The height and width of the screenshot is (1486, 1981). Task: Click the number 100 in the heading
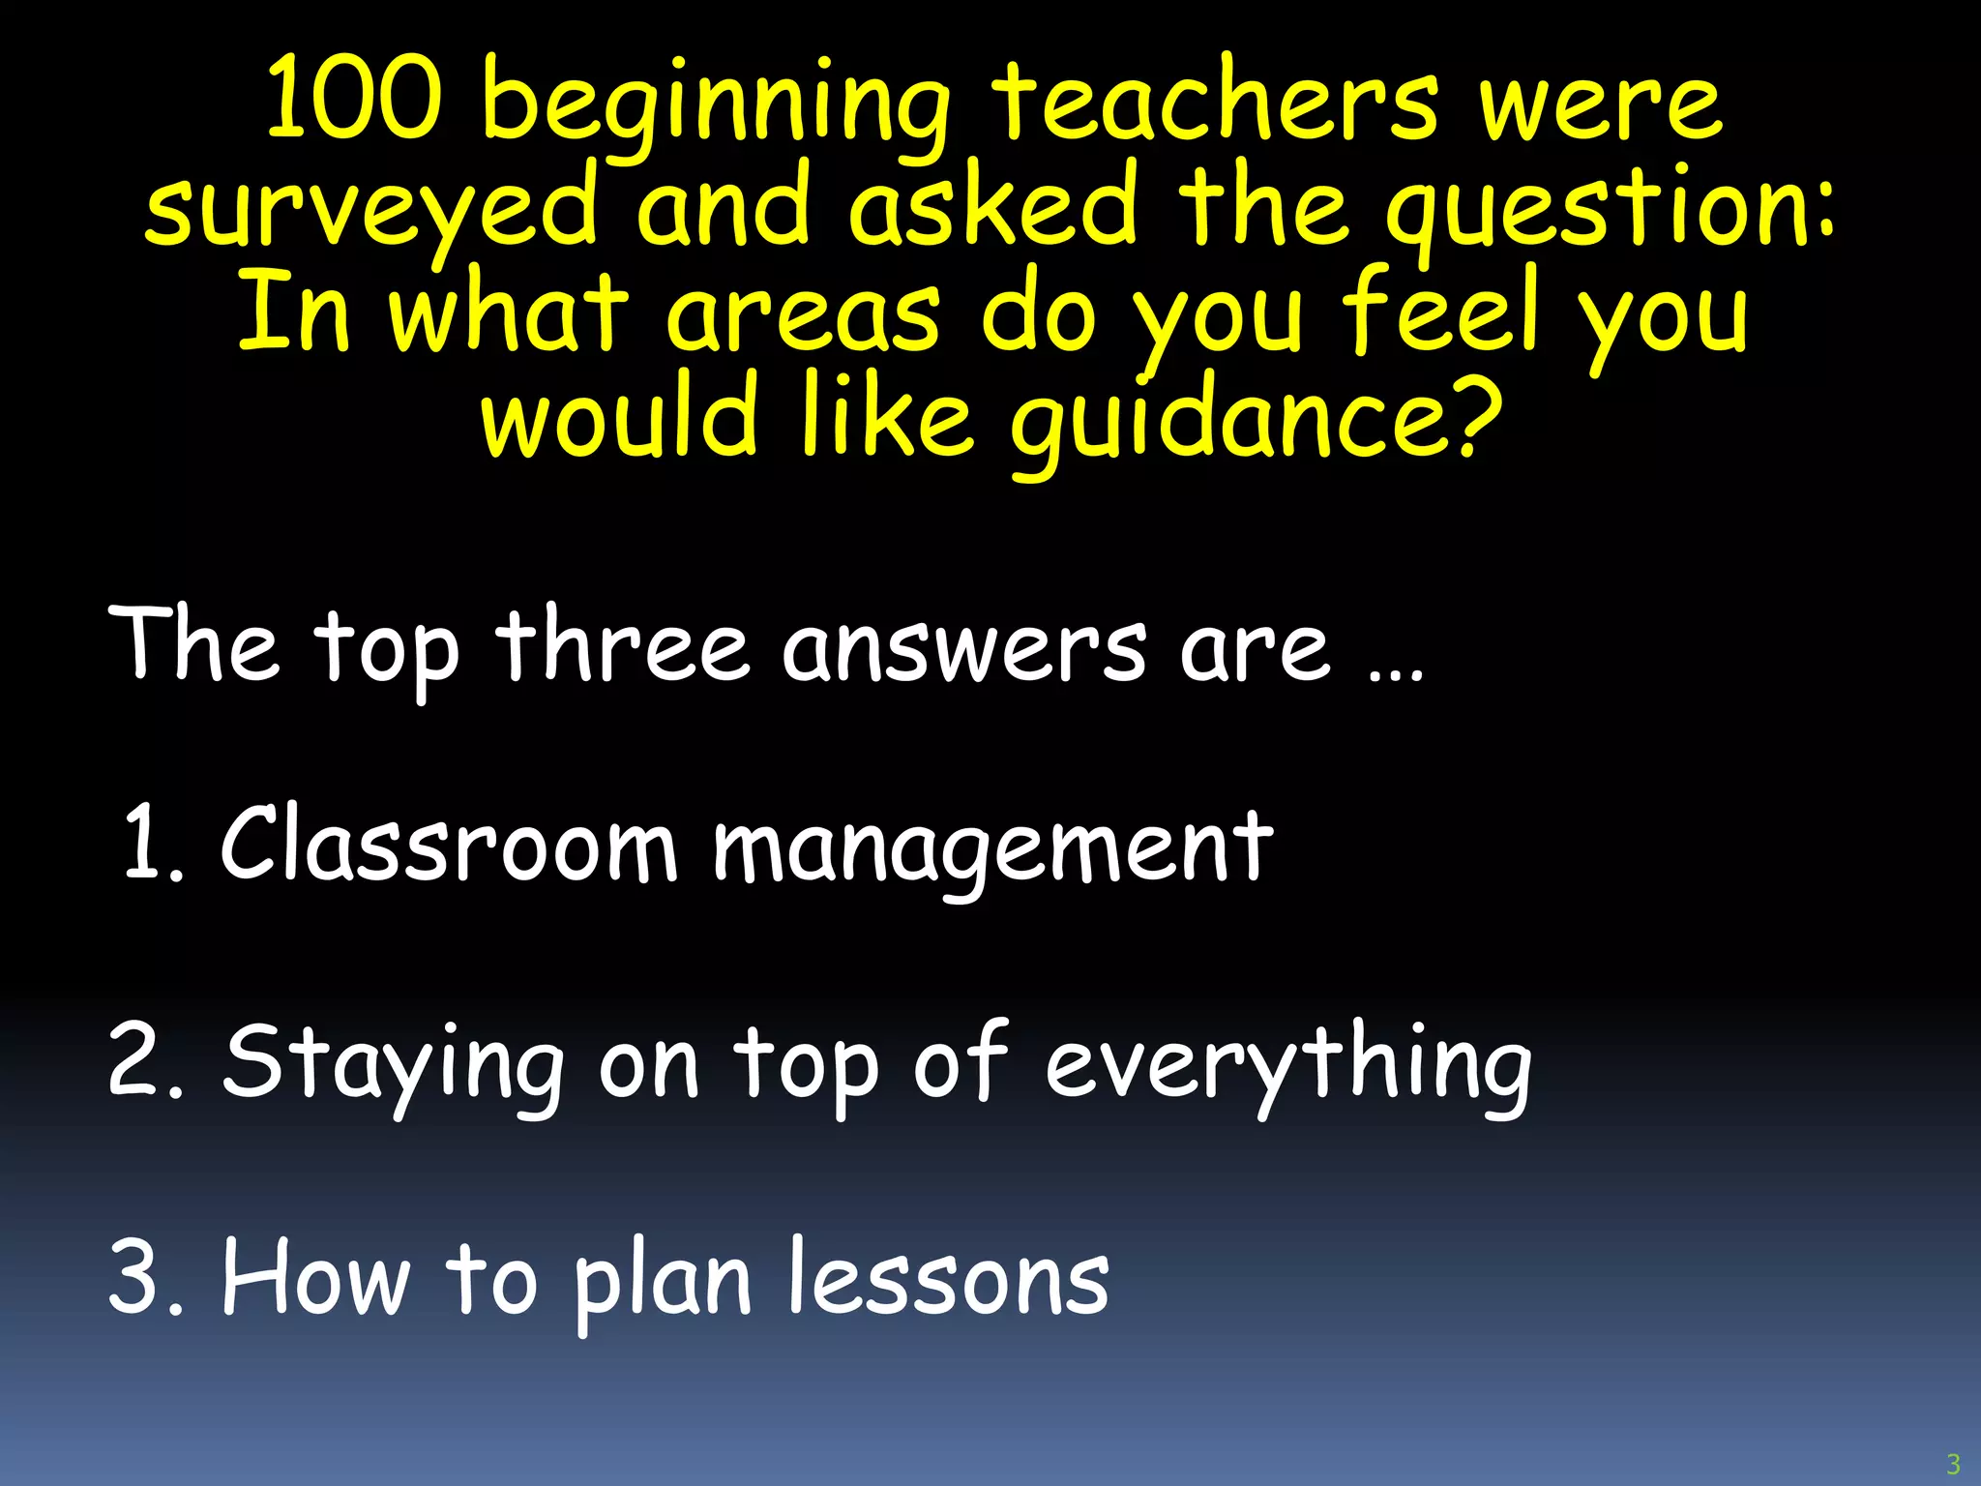353,99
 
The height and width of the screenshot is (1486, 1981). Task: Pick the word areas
803,314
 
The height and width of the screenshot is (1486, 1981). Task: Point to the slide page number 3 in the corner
1953,1464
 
